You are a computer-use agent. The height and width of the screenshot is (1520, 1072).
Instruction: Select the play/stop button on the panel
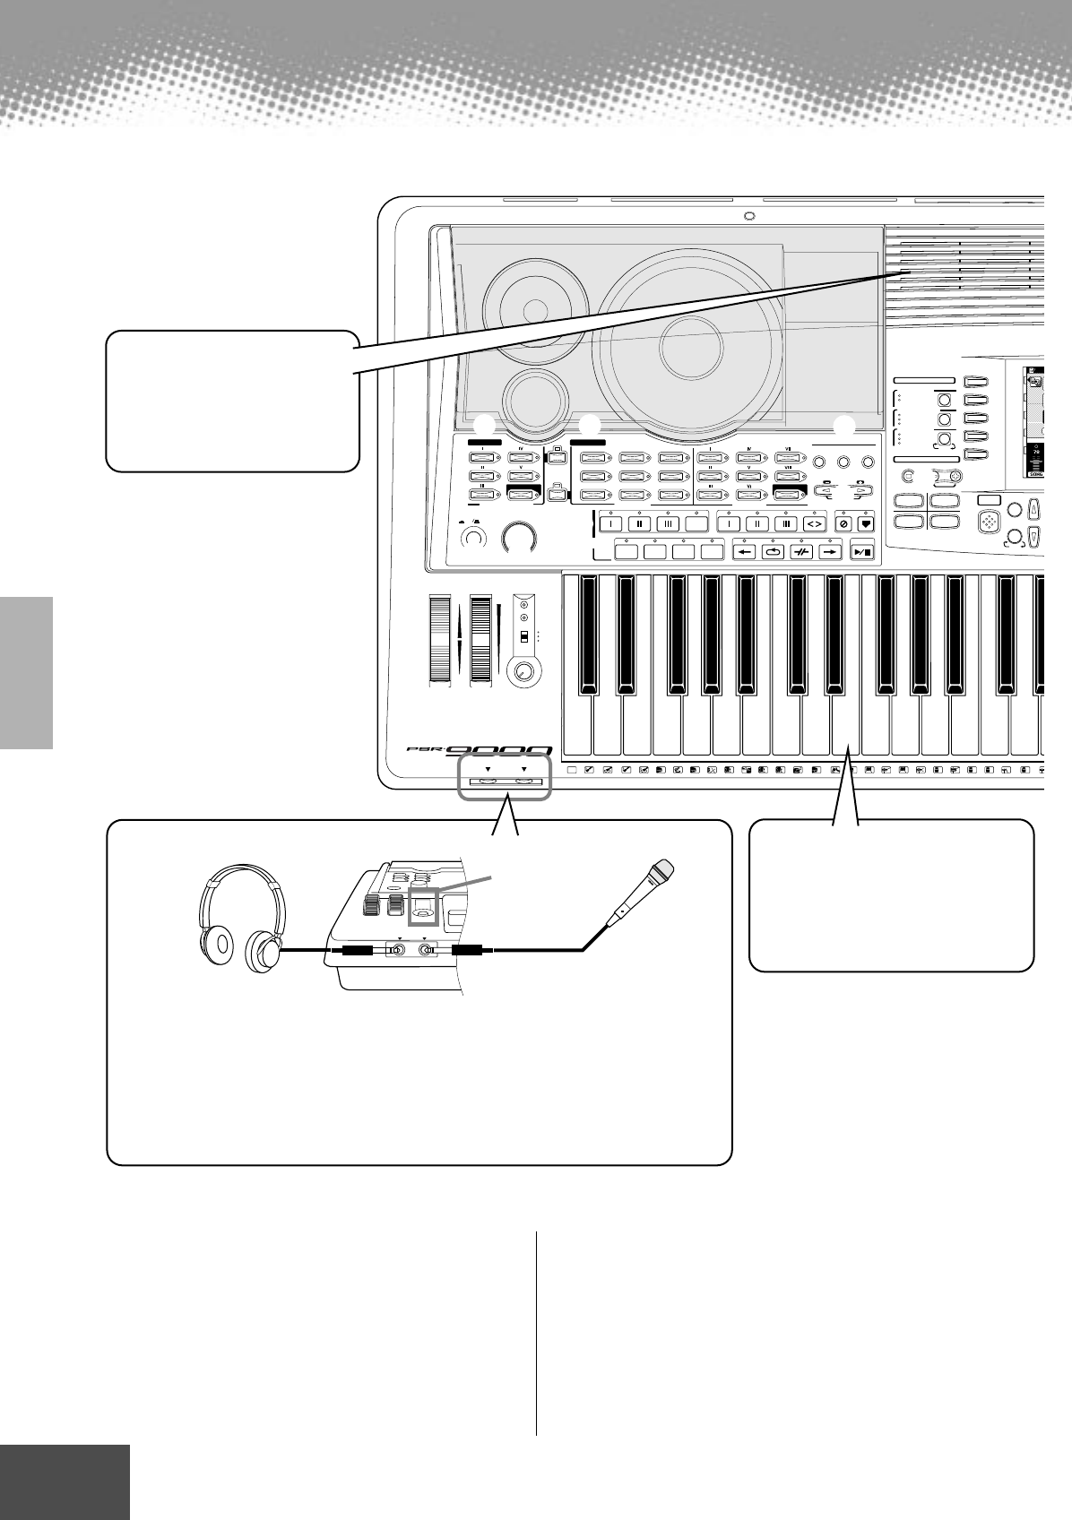coord(862,552)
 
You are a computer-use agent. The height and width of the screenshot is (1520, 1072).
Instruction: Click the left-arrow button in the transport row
coord(746,552)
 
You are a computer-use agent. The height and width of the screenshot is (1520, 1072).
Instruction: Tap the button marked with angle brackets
coord(815,523)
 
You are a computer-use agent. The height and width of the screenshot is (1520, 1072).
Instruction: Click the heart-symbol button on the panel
coord(864,523)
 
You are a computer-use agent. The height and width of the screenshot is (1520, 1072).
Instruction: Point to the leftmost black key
coord(587,635)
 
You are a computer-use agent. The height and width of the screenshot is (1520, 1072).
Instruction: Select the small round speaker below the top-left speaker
coord(534,394)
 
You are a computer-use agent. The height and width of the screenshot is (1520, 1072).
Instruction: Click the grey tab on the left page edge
coord(26,673)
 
